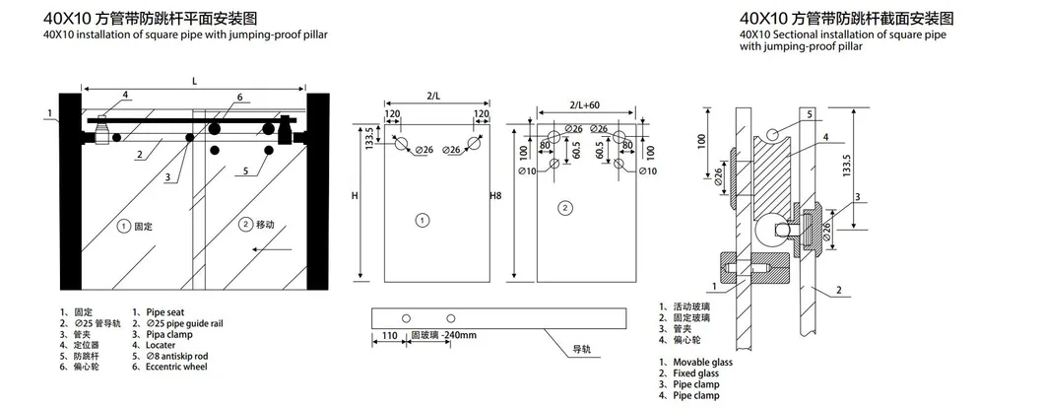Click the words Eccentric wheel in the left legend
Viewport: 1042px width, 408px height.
[x=177, y=366]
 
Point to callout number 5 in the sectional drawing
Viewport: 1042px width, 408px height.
[x=810, y=114]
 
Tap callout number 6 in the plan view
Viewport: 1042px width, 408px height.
[x=238, y=98]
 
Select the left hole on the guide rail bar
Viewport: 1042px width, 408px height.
[x=403, y=318]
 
